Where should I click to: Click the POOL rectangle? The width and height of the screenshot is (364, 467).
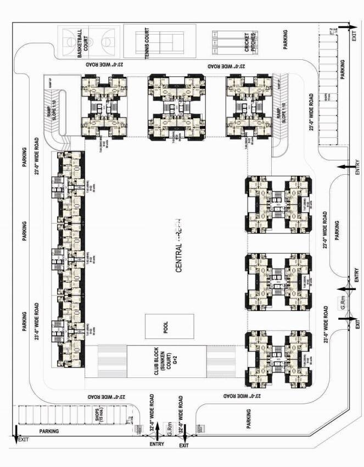tap(169, 326)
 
